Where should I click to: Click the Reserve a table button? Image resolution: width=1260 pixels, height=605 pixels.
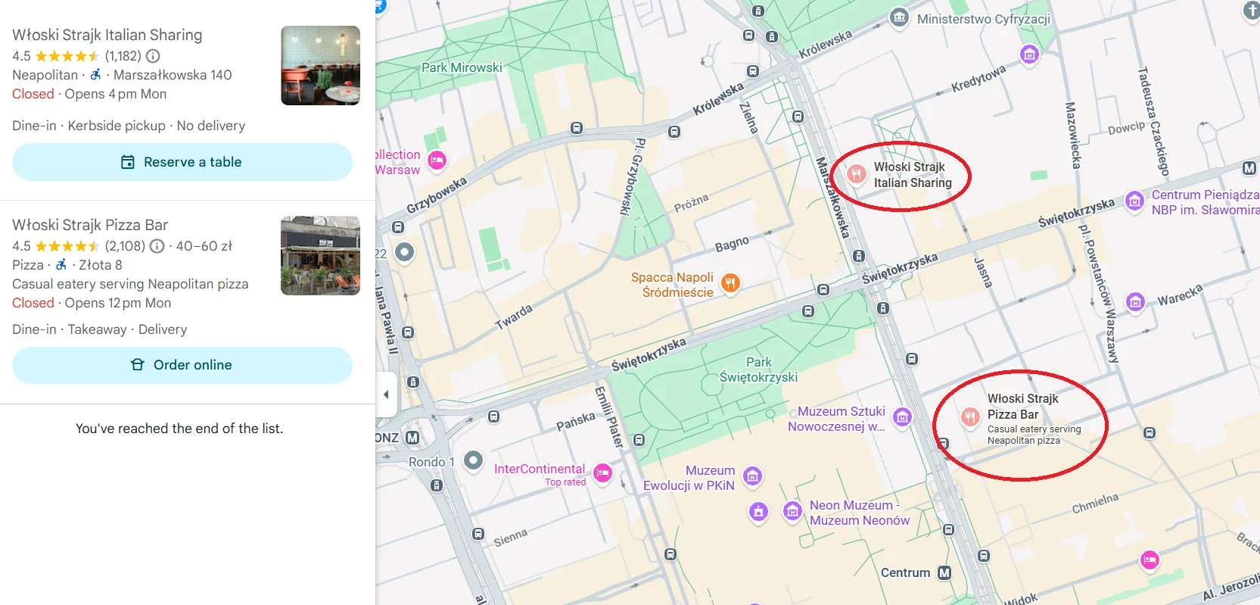click(x=182, y=162)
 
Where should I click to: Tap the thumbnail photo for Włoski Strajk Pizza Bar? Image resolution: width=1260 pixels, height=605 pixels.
click(x=320, y=255)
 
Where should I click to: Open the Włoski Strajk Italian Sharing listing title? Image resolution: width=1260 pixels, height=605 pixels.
click(x=107, y=35)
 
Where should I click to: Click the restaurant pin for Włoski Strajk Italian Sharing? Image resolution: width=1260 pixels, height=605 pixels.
click(x=856, y=175)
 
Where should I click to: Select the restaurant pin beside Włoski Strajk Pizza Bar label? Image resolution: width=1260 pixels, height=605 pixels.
click(x=970, y=416)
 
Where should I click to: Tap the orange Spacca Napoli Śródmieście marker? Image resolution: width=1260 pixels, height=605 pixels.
click(x=730, y=283)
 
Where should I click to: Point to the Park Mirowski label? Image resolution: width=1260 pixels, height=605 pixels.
click(x=462, y=67)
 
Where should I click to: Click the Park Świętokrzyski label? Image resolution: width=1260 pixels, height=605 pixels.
click(x=758, y=370)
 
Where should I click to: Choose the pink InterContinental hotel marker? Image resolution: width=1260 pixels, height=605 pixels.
click(x=602, y=473)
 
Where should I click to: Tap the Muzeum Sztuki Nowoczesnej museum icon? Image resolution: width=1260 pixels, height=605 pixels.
click(x=902, y=416)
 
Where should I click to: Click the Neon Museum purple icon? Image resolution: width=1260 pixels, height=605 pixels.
click(x=792, y=511)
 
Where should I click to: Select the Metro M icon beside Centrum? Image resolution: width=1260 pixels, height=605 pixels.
click(x=944, y=573)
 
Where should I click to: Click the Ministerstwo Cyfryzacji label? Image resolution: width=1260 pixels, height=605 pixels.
click(x=983, y=19)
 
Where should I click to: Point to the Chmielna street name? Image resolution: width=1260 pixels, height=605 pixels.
click(x=1094, y=504)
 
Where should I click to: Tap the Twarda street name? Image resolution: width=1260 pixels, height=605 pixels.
click(x=514, y=317)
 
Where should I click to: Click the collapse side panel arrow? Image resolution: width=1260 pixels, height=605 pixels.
click(x=386, y=394)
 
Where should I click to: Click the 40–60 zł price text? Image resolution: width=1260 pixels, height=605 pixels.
click(x=204, y=246)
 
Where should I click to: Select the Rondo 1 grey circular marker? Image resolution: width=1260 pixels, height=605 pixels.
click(x=473, y=460)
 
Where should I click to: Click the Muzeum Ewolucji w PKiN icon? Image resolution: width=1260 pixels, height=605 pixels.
click(x=752, y=476)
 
